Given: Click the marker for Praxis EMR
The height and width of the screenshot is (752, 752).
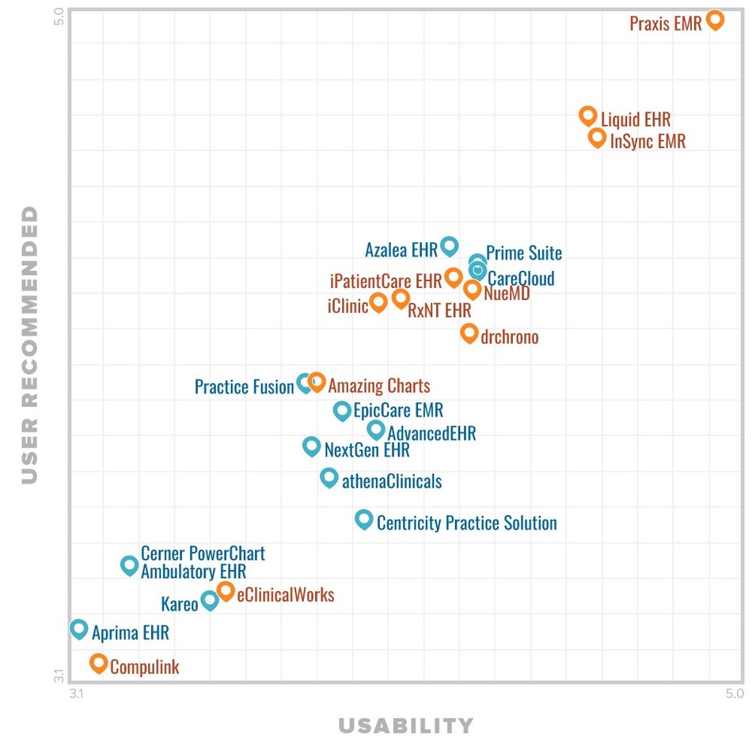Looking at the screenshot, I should point(715,20).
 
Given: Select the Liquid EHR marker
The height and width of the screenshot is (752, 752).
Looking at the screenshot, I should point(587,116).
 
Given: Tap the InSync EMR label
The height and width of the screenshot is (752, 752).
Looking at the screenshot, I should point(648,142).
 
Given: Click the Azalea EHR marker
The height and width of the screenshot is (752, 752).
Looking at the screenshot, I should point(449,245).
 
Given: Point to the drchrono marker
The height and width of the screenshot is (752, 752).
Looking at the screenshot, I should point(469,332).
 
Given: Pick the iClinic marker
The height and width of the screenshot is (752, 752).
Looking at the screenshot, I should point(378,302).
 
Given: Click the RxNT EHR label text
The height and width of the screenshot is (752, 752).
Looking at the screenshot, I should point(439,311).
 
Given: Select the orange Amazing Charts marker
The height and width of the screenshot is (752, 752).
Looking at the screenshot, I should point(317,382).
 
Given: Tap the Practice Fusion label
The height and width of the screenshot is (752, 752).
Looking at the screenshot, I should point(244,387).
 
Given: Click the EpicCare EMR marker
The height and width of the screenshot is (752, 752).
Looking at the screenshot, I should point(342,410).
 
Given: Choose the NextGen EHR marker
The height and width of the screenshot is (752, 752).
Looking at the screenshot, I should point(312,446).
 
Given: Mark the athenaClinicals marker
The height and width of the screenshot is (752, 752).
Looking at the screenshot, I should point(329,477).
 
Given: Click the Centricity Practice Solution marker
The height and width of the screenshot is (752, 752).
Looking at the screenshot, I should point(363,519).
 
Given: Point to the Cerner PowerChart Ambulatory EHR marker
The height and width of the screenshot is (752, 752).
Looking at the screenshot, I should point(129,564).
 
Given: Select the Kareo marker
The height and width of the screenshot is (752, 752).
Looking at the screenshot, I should point(210,600).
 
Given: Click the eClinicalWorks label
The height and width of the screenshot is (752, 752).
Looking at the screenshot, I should point(285,595).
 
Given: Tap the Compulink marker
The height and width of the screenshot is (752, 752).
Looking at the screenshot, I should point(99,663).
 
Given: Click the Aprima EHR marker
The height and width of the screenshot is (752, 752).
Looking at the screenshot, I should point(78,629).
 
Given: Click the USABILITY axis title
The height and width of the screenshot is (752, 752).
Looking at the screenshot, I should point(405,725).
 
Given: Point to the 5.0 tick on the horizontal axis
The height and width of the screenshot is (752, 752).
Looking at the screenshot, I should point(733,694).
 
